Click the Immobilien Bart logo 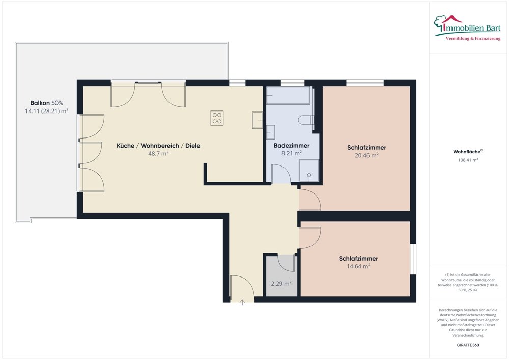tap(467, 27)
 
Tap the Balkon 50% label tap(46, 103)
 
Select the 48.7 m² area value tap(158, 154)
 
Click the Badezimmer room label tap(292, 146)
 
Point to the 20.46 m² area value tap(366, 155)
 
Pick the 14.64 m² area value tap(358, 266)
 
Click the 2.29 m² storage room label tap(281, 284)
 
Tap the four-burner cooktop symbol tap(217, 118)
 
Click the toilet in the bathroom tap(305, 120)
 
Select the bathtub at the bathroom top tap(288, 95)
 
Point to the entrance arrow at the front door tap(242, 302)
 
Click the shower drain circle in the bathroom tap(309, 175)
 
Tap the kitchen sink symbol tap(258, 120)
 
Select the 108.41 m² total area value tap(468, 160)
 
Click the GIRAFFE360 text tap(468, 345)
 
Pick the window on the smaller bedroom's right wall tap(413, 259)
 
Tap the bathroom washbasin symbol tap(271, 132)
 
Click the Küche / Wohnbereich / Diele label tap(158, 146)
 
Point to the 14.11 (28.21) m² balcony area tap(46, 112)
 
